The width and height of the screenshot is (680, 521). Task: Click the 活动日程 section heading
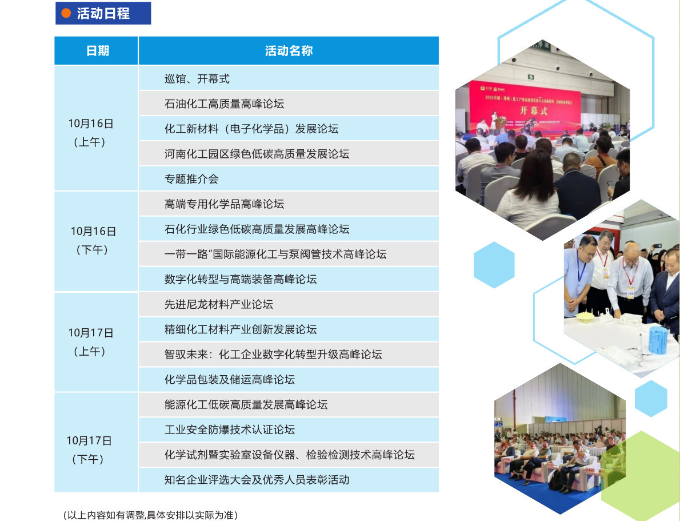(x=103, y=14)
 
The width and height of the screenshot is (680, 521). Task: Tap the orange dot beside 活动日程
(x=66, y=14)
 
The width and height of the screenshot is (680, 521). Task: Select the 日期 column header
(x=97, y=51)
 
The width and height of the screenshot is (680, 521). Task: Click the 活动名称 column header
(x=289, y=51)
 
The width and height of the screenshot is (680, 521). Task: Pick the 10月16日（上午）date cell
(x=90, y=132)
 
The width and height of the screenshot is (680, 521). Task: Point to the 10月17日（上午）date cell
(x=90, y=341)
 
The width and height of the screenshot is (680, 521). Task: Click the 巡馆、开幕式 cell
(x=197, y=79)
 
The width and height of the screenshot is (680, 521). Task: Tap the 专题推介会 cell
(x=191, y=179)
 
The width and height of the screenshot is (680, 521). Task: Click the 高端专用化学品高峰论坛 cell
(x=224, y=204)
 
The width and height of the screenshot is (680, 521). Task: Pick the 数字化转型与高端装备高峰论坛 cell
(x=240, y=280)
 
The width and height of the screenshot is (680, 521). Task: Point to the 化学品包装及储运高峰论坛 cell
(x=229, y=380)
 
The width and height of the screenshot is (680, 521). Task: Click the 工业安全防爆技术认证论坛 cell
(x=229, y=430)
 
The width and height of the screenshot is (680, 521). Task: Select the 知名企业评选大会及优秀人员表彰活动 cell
(x=256, y=480)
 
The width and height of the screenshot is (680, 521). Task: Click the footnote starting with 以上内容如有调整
(x=150, y=515)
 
